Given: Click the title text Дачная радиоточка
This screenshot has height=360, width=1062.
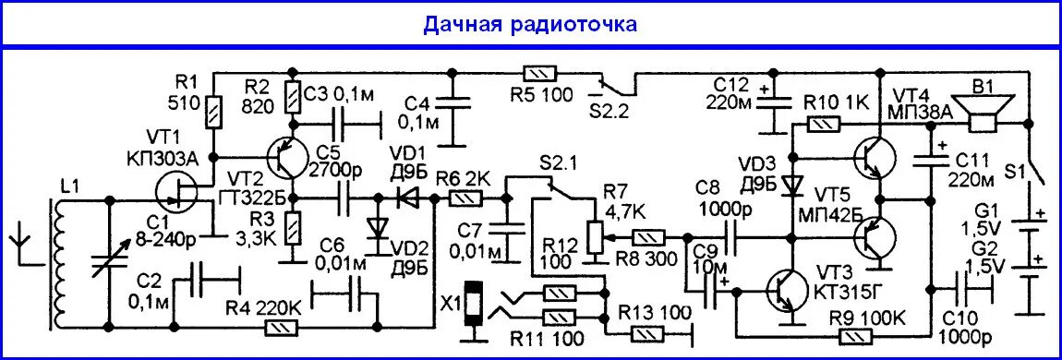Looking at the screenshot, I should click(530, 24).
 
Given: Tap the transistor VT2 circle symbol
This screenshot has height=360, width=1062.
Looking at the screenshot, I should click(282, 159).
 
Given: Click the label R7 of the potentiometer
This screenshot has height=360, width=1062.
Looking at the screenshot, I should click(613, 192).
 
